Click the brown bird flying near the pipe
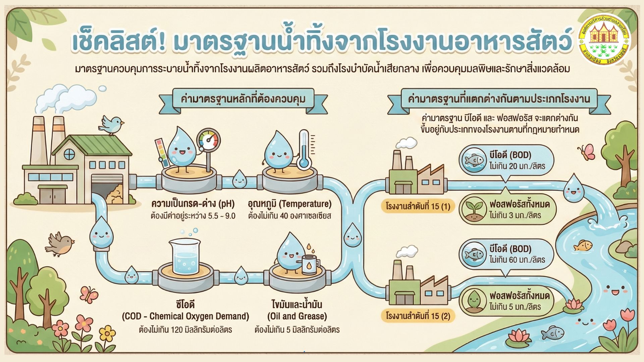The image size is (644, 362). point(60,243)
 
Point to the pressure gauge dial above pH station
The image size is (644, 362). point(209,140)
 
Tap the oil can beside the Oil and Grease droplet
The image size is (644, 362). point(309,264)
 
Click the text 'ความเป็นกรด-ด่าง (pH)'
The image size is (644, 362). point(193,204)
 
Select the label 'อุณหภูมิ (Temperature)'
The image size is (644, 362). point(289,204)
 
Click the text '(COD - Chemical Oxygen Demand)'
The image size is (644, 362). point(185,316)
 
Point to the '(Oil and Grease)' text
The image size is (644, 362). point(297,316)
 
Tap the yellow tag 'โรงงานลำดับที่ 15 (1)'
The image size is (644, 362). point(418,206)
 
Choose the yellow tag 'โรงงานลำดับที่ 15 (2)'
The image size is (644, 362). point(418,316)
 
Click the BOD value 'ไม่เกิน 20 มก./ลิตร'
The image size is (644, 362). point(517,166)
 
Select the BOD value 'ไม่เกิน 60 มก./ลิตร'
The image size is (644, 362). point(517,260)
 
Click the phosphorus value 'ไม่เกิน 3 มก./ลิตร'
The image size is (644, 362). point(515,215)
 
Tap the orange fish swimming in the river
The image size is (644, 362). point(583,246)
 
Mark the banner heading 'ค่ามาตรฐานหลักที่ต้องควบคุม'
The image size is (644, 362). point(243,99)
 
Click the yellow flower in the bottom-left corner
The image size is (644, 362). point(107,334)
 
